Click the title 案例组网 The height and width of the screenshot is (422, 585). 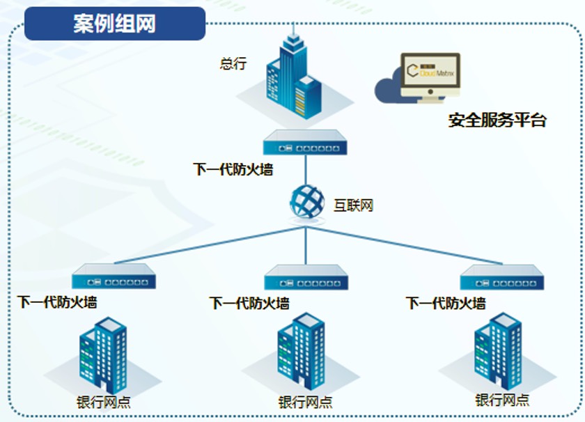pos(115,24)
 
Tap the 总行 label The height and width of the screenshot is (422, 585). pos(233,64)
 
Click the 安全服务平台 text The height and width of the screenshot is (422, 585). pos(497,120)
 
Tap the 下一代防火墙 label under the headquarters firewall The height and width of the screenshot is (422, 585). pos(233,169)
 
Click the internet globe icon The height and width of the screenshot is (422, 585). pos(307,201)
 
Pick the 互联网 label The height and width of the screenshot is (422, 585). pos(353,205)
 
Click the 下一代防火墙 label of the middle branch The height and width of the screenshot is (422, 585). pos(249,304)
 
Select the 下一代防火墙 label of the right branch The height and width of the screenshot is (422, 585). pos(446,304)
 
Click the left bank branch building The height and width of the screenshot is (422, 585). pos(103,355)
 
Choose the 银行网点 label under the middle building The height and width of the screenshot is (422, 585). pos(305,403)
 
